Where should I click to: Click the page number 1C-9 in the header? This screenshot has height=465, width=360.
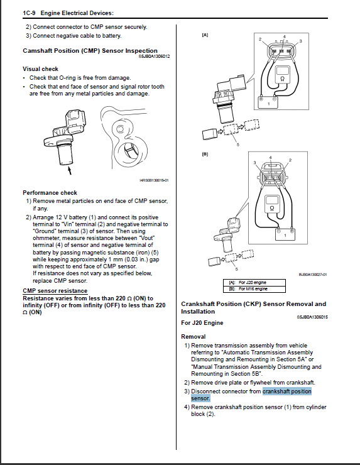point(29,13)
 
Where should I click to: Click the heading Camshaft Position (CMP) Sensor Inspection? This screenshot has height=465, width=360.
point(90,51)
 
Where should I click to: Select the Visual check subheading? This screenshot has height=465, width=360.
point(41,68)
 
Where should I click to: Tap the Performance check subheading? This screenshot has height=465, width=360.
point(50,192)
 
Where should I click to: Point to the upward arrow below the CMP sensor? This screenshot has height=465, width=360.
point(70,170)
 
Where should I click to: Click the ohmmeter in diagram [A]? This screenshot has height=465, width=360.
point(282,74)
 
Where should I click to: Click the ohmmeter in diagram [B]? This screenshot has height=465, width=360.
point(271,204)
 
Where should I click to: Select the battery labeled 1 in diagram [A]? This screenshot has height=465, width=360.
point(269,102)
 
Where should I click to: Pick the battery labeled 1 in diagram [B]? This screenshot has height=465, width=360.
point(285,234)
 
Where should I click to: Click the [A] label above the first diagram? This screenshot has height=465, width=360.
point(205,35)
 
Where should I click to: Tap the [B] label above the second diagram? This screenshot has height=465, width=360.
point(205,154)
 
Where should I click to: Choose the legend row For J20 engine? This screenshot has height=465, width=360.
point(254,282)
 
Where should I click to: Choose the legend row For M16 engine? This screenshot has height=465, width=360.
point(254,289)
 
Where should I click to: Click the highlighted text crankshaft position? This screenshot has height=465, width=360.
point(287,391)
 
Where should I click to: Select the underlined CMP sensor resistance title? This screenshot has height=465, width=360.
point(55,291)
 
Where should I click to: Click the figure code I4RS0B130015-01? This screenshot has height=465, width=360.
point(154,180)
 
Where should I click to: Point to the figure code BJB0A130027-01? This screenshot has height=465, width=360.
point(313,275)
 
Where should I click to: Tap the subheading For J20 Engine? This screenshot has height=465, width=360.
point(202,322)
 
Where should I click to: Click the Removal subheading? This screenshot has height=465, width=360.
point(194,337)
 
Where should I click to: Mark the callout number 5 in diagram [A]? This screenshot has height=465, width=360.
point(238,145)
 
